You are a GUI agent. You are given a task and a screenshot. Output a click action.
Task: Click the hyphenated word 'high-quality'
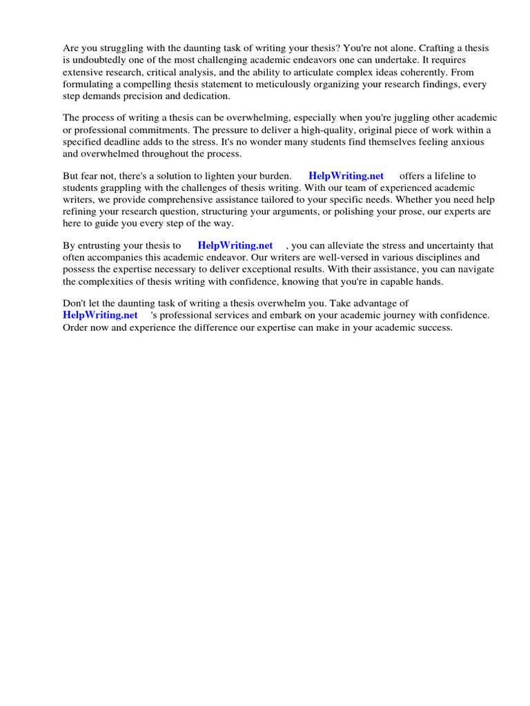(328, 130)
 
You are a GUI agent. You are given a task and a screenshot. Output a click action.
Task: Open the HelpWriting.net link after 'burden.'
(346, 176)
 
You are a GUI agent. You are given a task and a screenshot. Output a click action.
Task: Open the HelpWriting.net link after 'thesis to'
(235, 245)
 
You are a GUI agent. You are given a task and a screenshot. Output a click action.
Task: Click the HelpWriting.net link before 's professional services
(100, 315)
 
